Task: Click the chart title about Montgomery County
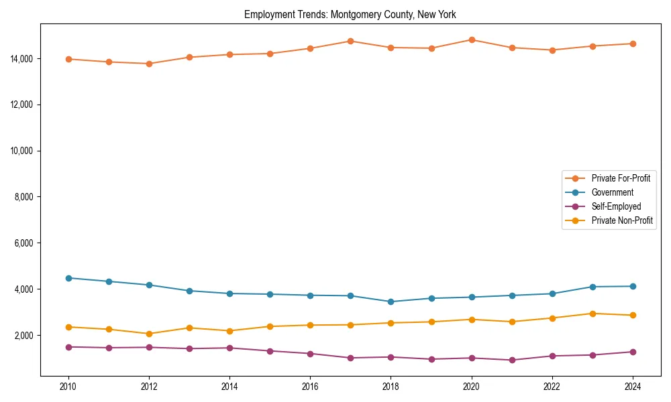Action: tap(350, 14)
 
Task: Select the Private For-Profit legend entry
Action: tap(621, 178)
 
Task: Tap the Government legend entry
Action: tap(612, 192)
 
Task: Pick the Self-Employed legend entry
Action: tap(616, 206)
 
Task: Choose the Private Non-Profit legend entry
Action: tap(622, 220)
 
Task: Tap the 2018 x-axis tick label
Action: tap(391, 387)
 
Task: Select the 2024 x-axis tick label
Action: tap(633, 387)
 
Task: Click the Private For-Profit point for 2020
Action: tap(472, 40)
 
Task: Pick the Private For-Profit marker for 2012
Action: tap(149, 64)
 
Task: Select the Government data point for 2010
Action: tap(68, 278)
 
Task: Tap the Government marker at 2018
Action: tap(391, 301)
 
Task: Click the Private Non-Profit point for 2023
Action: tap(592, 314)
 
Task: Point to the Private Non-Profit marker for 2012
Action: tap(149, 334)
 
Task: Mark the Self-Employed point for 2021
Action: tap(512, 360)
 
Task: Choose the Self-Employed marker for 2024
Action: tap(633, 352)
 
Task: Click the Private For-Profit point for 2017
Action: tap(350, 41)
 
